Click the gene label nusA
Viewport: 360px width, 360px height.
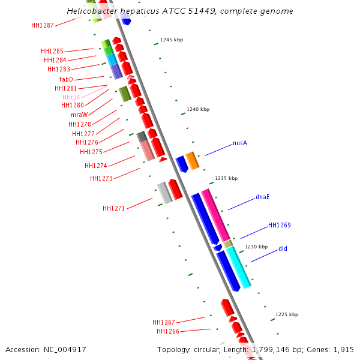coord(240,143)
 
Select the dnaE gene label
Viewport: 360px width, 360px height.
coord(263,197)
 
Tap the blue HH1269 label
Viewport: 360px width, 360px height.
coord(279,226)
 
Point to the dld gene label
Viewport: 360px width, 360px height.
coord(283,248)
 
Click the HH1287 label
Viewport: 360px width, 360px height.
coord(43,25)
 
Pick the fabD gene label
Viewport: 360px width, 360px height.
coord(66,79)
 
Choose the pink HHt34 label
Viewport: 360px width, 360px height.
coord(71,97)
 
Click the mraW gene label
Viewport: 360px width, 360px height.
coord(79,115)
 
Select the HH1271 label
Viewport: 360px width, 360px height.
coord(113,209)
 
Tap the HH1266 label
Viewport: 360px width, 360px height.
coord(167,331)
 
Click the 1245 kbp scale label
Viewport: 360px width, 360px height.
coord(172,40)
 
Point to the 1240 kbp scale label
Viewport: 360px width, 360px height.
coord(198,110)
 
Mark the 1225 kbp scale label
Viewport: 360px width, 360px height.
coord(287,314)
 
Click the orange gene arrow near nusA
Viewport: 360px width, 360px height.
coord(192,160)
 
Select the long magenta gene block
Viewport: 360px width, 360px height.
coord(215,215)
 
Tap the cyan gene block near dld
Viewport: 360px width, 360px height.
coord(238,266)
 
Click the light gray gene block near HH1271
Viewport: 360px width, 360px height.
coord(164,193)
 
